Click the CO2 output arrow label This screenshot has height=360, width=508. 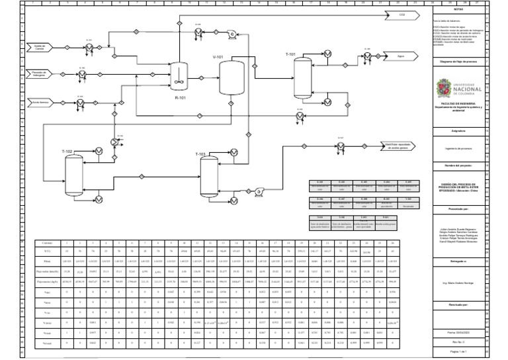401,14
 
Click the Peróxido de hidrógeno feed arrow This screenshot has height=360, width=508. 41,75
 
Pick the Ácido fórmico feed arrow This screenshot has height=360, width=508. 41,103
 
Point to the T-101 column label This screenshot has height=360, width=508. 291,54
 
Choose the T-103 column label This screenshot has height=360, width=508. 200,154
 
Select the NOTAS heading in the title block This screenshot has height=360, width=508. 458,9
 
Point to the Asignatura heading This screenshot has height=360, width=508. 458,132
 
